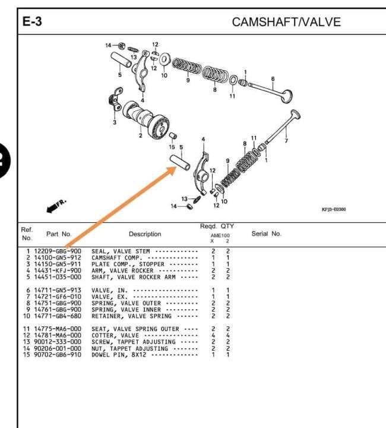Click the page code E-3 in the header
tap(32, 21)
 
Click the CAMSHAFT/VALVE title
tap(286, 22)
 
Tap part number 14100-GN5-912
tap(58, 257)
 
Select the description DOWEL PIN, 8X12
tap(119, 355)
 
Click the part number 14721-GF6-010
tap(58, 297)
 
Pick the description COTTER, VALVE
tap(115, 335)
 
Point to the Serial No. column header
tap(266, 234)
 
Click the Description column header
tap(145, 234)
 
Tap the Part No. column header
tap(59, 234)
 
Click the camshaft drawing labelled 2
tap(145, 118)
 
